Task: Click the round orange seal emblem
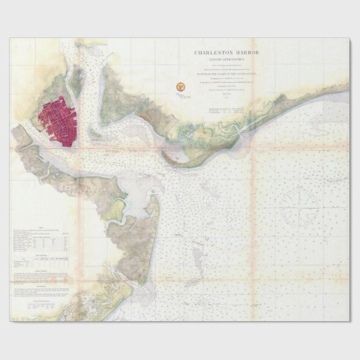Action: pos(181,86)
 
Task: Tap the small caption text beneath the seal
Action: pos(181,96)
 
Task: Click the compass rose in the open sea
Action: pos(299,206)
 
